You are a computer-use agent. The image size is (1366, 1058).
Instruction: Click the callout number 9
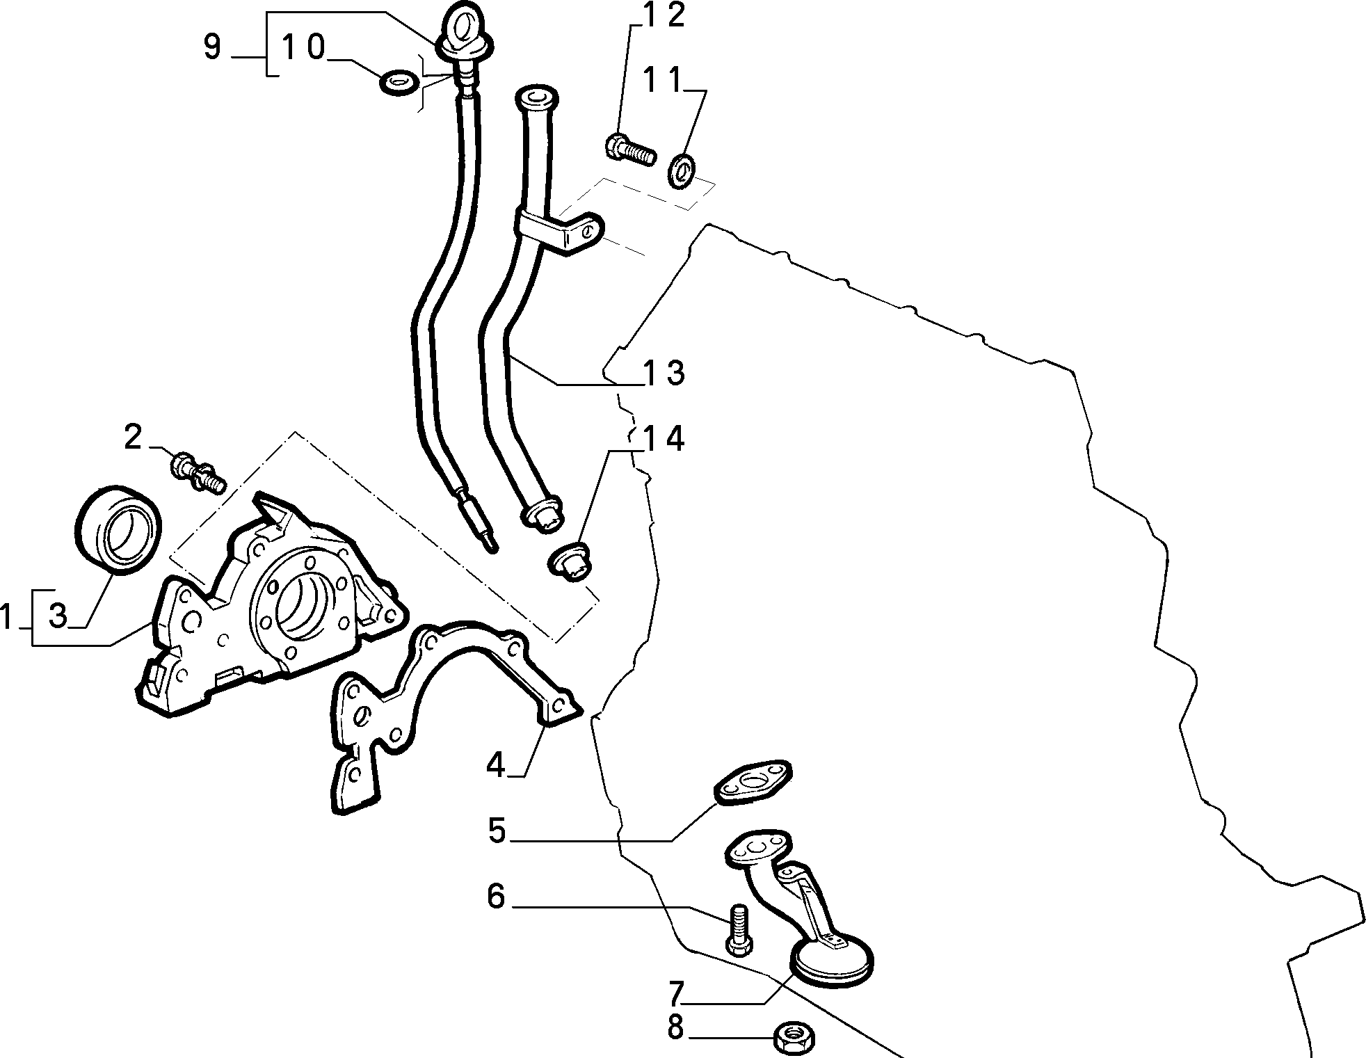(212, 47)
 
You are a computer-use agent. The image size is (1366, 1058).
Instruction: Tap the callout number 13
(664, 373)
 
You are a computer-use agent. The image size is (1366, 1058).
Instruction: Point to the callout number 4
(495, 765)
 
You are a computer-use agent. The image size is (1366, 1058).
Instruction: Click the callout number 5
(497, 830)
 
